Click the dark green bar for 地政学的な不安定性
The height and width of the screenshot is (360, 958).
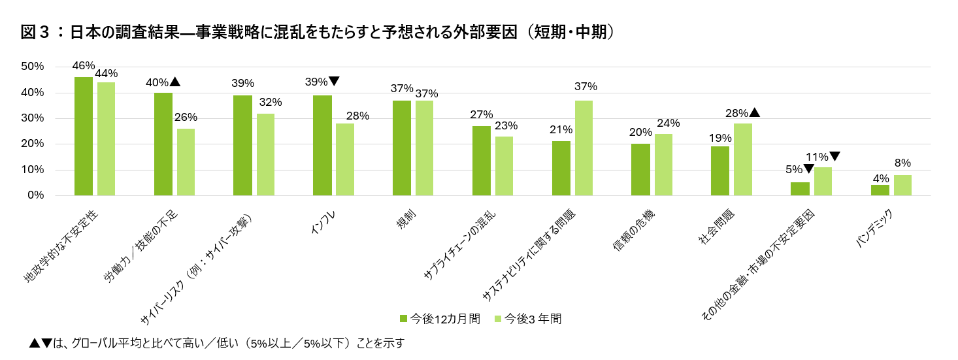click(x=83, y=136)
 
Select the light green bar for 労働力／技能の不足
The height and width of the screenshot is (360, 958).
click(x=186, y=162)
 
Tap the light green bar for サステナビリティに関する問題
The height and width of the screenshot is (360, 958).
click(x=584, y=148)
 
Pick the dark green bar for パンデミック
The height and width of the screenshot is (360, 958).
click(x=880, y=190)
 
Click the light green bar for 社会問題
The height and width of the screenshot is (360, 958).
click(x=743, y=159)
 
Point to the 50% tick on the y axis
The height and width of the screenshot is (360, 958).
click(x=32, y=67)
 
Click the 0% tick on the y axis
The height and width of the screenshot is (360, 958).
click(x=35, y=195)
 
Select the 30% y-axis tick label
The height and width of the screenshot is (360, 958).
click(x=32, y=118)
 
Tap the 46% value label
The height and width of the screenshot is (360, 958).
click(x=84, y=65)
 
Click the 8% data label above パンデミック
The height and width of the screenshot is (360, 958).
click(x=902, y=163)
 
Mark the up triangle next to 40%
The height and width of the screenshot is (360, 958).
click(x=174, y=82)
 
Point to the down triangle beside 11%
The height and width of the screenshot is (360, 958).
click(x=834, y=156)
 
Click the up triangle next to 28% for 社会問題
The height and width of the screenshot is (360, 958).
click(x=755, y=112)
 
